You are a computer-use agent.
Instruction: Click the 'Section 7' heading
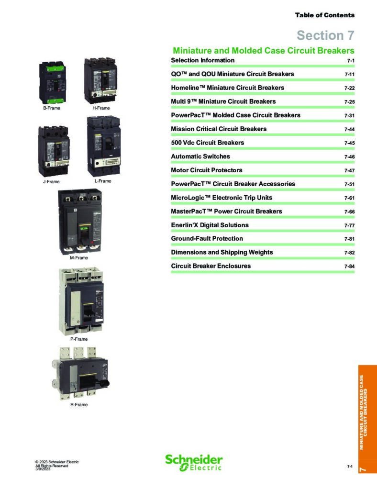[x=325, y=35]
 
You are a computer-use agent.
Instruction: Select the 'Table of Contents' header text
[x=325, y=15]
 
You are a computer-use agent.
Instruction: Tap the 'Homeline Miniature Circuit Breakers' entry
[x=227, y=88]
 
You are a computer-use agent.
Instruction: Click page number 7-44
[x=350, y=129]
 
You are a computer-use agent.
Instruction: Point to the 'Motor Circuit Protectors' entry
[x=207, y=170]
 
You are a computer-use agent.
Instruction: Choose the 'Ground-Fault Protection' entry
[x=207, y=238]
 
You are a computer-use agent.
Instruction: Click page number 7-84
[x=350, y=267]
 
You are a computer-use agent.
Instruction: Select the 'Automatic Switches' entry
[x=200, y=156]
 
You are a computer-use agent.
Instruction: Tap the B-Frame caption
[x=52, y=108]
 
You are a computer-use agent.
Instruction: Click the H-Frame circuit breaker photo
[x=100, y=80]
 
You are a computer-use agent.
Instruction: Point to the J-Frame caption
[x=51, y=181]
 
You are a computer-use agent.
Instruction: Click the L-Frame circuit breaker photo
[x=104, y=146]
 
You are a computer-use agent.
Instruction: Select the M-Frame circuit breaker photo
[x=80, y=222]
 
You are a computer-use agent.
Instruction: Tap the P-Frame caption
[x=79, y=339]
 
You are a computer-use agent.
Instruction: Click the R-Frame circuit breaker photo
[x=80, y=373]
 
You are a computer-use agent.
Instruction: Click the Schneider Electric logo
[x=194, y=463]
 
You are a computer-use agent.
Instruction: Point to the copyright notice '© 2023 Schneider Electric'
[x=57, y=462]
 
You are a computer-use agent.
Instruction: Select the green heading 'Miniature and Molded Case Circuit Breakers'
[x=264, y=51]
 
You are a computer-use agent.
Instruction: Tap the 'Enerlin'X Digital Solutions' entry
[x=210, y=225]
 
